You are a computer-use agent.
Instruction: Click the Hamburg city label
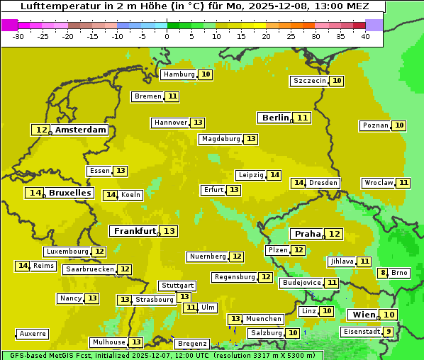pyautogui.click(x=178, y=74)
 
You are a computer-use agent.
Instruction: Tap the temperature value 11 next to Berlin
pyautogui.click(x=303, y=118)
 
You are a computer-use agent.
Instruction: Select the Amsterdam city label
pyautogui.click(x=81, y=130)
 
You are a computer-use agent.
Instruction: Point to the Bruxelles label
pyautogui.click(x=70, y=193)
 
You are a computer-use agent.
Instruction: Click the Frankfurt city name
pyautogui.click(x=135, y=231)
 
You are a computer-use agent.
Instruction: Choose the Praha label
pyautogui.click(x=308, y=234)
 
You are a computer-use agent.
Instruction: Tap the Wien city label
pyautogui.click(x=364, y=315)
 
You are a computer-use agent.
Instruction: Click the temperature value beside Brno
pyautogui.click(x=383, y=273)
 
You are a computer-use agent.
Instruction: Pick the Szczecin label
pyautogui.click(x=309, y=81)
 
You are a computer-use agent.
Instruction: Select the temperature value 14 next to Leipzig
pyautogui.click(x=274, y=175)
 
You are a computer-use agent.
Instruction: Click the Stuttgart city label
pyautogui.click(x=177, y=286)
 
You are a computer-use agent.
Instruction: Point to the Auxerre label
pyautogui.click(x=33, y=334)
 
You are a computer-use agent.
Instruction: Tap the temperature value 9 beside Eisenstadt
pyautogui.click(x=389, y=332)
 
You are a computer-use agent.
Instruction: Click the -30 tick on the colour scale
pyautogui.click(x=18, y=36)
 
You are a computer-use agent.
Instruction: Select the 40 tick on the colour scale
pyautogui.click(x=365, y=36)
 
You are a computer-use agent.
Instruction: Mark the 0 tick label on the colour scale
pyautogui.click(x=167, y=36)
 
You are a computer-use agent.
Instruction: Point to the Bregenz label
pyautogui.click(x=192, y=344)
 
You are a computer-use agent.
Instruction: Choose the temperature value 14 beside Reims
pyautogui.click(x=23, y=266)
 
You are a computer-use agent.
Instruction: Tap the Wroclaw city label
pyautogui.click(x=378, y=183)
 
